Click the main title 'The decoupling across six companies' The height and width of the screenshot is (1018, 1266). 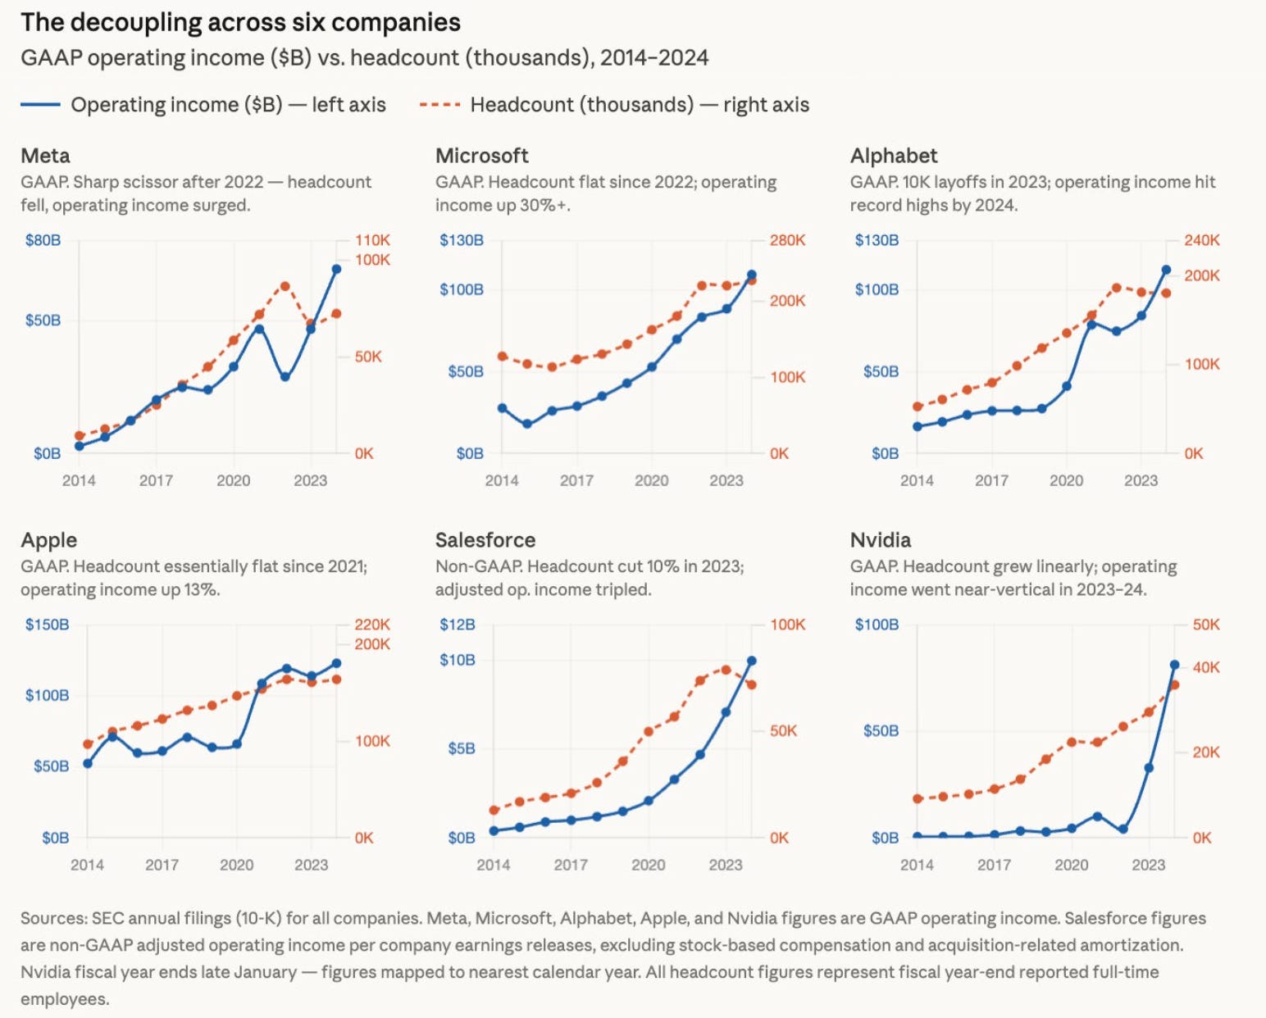pyautogui.click(x=240, y=23)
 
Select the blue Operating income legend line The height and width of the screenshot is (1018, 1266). pyautogui.click(x=40, y=105)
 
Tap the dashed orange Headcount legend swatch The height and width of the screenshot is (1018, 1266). pyautogui.click(x=439, y=105)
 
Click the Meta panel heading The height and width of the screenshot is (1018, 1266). pyautogui.click(x=45, y=155)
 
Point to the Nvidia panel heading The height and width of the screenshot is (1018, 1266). pyautogui.click(x=880, y=540)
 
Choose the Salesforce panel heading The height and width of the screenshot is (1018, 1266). pyautogui.click(x=485, y=540)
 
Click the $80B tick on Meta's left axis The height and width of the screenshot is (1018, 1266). pyautogui.click(x=43, y=240)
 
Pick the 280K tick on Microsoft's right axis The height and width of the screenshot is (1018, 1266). pyautogui.click(x=788, y=240)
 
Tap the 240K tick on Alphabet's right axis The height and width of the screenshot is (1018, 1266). pyautogui.click(x=1202, y=240)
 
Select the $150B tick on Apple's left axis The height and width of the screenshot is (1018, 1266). pyautogui.click(x=47, y=624)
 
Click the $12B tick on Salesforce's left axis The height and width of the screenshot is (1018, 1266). pyautogui.click(x=457, y=624)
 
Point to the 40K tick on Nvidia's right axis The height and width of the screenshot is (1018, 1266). pyautogui.click(x=1206, y=667)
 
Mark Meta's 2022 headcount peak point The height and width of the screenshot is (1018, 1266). pyautogui.click(x=285, y=286)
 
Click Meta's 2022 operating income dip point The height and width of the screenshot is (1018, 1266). pyautogui.click(x=285, y=376)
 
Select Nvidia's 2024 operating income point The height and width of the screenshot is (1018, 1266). pyautogui.click(x=1174, y=665)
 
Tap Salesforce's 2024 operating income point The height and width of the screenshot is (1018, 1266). pyautogui.click(x=751, y=661)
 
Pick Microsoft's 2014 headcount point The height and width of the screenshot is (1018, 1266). pyautogui.click(x=502, y=357)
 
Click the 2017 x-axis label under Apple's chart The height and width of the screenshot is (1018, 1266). pyautogui.click(x=162, y=865)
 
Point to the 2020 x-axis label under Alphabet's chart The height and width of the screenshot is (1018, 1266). pyautogui.click(x=1066, y=480)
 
